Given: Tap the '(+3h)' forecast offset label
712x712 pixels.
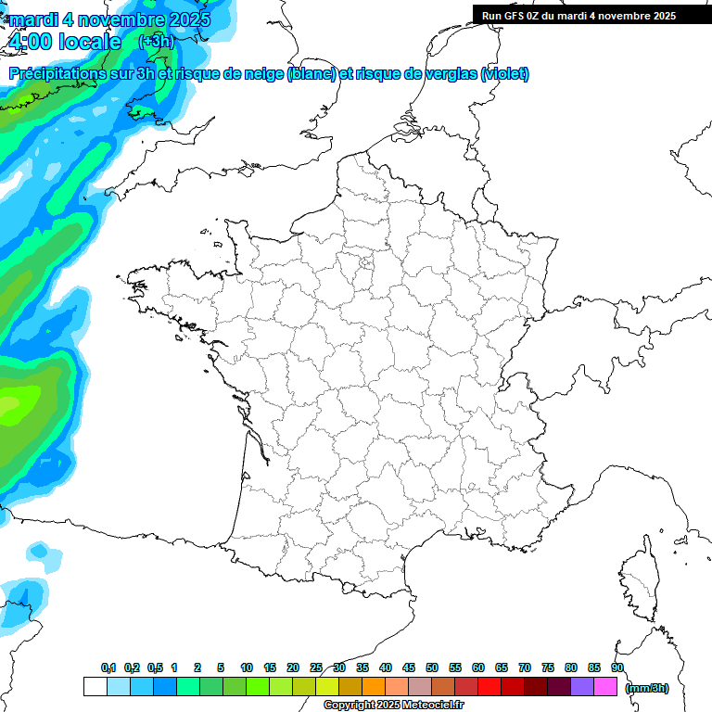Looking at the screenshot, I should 156,42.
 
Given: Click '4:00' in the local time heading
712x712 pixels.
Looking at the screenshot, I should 30,42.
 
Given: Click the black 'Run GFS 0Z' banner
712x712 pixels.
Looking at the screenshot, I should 591,15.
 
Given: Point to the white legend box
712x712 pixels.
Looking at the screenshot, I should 95,687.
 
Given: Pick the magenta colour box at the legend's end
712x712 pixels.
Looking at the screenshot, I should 605,687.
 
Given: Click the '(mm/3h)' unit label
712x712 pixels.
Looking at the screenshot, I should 647,688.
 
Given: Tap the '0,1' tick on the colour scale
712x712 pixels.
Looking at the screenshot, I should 108,667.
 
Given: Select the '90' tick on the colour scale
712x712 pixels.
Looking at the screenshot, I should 617,667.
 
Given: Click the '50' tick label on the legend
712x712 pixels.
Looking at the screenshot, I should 432,667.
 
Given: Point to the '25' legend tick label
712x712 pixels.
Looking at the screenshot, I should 316,667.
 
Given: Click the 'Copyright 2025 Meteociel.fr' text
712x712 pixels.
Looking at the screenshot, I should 393,706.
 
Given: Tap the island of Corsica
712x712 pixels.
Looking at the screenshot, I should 640,579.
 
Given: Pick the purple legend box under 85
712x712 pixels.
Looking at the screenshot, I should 582,687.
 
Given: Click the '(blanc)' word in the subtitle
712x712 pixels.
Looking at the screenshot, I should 311,74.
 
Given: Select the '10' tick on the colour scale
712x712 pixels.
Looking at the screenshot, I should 247,667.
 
